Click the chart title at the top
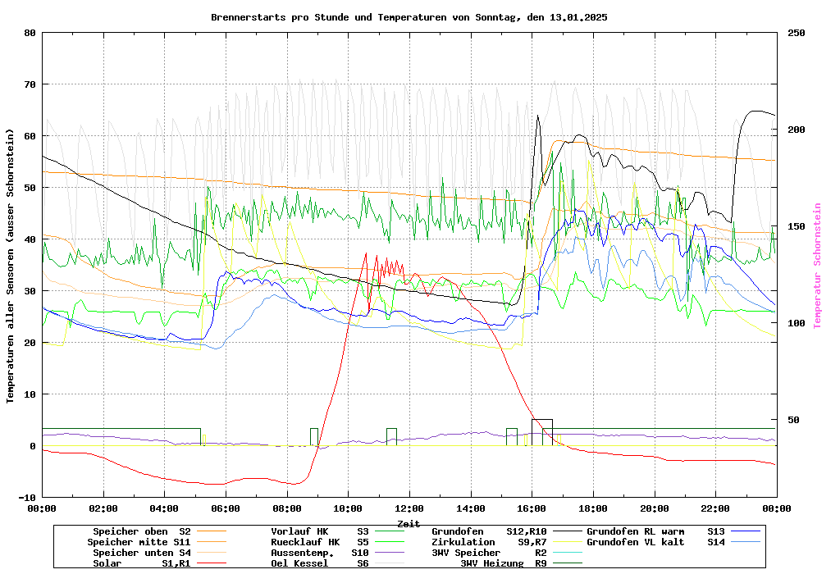tap(409, 17)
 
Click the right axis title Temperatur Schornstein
tap(817, 266)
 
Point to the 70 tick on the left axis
tap(30, 84)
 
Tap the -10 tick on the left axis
tap(28, 498)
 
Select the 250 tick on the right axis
tap(797, 33)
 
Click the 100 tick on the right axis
tap(797, 323)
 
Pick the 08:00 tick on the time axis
tap(287, 508)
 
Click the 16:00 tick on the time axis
tap(532, 508)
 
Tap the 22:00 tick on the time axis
tap(715, 508)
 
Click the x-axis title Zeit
tap(409, 523)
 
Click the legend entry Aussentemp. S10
tap(320, 553)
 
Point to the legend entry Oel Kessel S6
tap(320, 563)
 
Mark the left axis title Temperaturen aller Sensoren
tap(11, 266)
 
